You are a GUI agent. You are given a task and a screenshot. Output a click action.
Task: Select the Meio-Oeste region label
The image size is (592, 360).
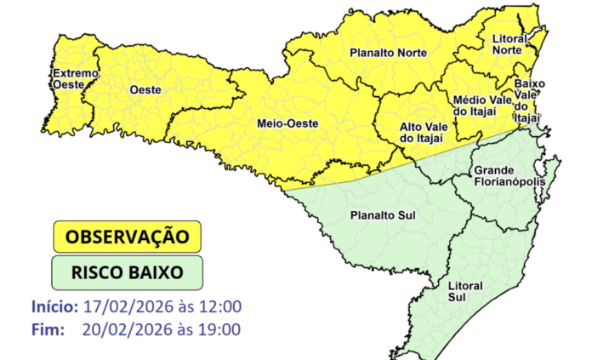click(x=287, y=123)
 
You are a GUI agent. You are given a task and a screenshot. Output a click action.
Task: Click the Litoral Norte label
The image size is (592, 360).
click(x=511, y=44)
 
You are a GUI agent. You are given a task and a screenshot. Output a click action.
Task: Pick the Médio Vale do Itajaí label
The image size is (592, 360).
click(x=478, y=106)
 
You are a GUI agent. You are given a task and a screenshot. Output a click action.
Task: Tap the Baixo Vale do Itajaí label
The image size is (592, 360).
click(x=528, y=100)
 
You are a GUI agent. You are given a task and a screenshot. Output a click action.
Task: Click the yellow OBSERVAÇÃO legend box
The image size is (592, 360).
click(x=128, y=236)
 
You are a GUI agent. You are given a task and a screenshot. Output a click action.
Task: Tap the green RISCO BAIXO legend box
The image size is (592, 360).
click(x=128, y=273)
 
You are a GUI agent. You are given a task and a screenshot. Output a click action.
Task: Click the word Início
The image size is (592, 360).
click(x=54, y=306)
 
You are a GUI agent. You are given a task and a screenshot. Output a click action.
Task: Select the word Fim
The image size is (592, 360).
click(x=46, y=329)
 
